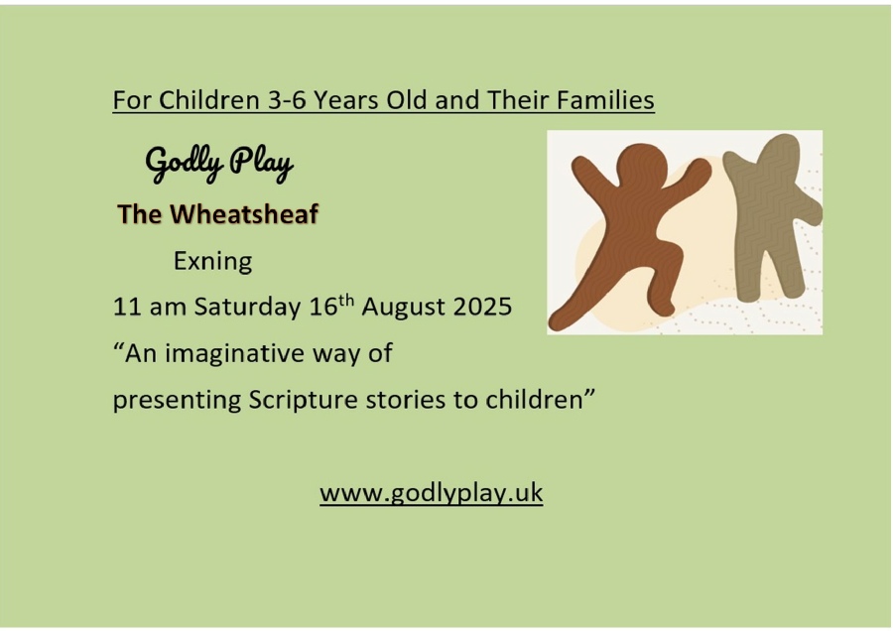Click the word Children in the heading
pyautogui.click(x=209, y=100)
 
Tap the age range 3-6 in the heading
pyautogui.click(x=288, y=100)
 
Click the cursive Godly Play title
pyautogui.click(x=219, y=164)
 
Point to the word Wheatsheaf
pyautogui.click(x=244, y=214)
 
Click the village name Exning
pyautogui.click(x=212, y=261)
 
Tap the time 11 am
pyautogui.click(x=150, y=307)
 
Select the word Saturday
pyautogui.click(x=247, y=307)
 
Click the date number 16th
pyautogui.click(x=331, y=306)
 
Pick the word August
pyautogui.click(x=404, y=308)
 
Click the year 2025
pyautogui.click(x=483, y=307)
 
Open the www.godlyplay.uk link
pyautogui.click(x=432, y=493)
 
